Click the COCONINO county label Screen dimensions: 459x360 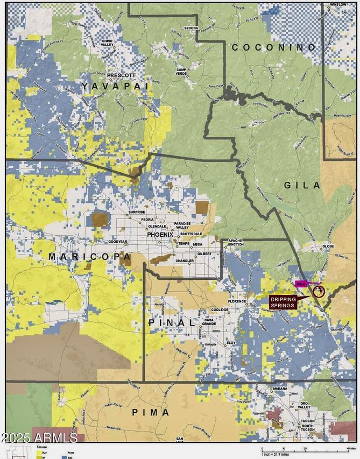pos(274,47)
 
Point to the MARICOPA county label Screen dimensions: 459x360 pos(90,257)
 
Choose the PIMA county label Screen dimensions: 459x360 pos(151,412)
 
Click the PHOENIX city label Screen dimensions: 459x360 pos(160,235)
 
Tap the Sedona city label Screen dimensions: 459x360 pos(190,27)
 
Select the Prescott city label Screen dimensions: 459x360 pos(121,75)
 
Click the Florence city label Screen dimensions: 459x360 pos(236,301)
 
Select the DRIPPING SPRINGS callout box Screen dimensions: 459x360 pos(283,302)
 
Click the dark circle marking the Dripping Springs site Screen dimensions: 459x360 pos(318,291)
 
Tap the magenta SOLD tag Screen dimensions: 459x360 pos(301,283)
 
